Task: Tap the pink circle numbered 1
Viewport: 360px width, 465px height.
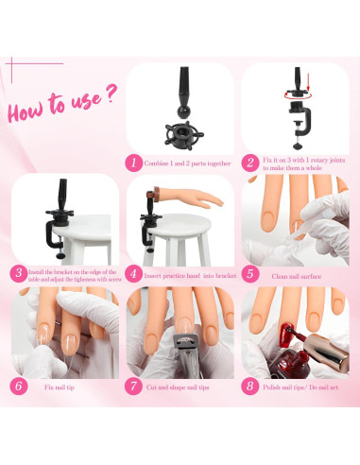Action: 135,163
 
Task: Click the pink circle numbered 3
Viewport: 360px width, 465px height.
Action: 19,274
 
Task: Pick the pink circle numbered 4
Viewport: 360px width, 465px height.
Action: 135,274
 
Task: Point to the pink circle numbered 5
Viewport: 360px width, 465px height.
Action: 249,274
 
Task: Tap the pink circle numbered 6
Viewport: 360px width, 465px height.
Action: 19,386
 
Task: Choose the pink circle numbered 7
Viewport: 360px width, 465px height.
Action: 135,386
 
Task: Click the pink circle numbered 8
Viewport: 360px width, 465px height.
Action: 249,386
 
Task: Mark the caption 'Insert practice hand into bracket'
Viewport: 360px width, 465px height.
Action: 189,275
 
